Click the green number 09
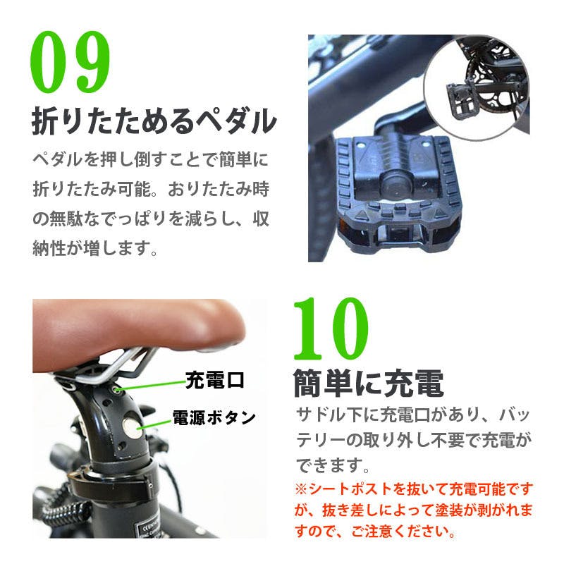[x=70, y=62]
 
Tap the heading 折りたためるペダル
[x=154, y=121]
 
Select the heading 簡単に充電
[x=368, y=383]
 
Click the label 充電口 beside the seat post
[x=215, y=380]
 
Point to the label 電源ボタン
[x=214, y=417]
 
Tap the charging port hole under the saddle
[x=116, y=389]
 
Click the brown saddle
[x=137, y=333]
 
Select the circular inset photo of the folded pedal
[x=477, y=87]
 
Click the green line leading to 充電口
[x=151, y=385]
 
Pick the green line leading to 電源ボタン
[x=154, y=424]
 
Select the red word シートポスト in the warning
[x=350, y=489]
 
